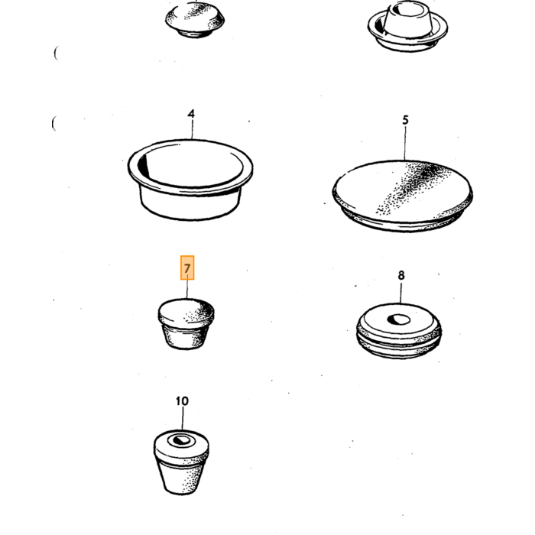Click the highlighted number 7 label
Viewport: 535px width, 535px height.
click(x=187, y=267)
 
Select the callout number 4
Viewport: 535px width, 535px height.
click(x=191, y=114)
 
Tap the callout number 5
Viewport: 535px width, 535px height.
click(x=405, y=120)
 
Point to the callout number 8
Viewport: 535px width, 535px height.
click(x=401, y=275)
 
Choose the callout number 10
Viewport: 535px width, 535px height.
click(x=182, y=401)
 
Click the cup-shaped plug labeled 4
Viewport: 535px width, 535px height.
click(x=190, y=179)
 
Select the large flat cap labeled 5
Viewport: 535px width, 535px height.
click(x=403, y=196)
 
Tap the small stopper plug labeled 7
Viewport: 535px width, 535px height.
click(x=186, y=324)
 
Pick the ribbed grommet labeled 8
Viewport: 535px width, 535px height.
click(x=399, y=331)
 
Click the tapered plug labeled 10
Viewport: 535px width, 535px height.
click(x=181, y=462)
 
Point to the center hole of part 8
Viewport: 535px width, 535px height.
click(x=398, y=319)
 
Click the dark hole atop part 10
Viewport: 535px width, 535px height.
click(x=182, y=439)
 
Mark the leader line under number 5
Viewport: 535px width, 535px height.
click(x=405, y=144)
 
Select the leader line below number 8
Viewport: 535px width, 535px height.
click(x=401, y=293)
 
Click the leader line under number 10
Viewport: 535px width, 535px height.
click(x=182, y=419)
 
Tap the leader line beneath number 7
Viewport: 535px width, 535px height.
click(x=187, y=290)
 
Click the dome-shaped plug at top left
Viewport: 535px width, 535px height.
click(x=195, y=20)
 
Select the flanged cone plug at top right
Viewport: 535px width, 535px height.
click(x=407, y=26)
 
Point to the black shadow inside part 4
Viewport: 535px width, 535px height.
click(x=144, y=165)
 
